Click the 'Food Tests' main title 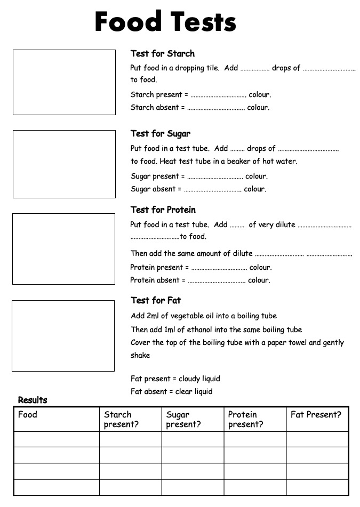[165, 22]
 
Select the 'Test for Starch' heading [163, 53]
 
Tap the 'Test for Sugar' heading [161, 133]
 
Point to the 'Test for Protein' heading [163, 210]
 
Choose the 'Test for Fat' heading [156, 300]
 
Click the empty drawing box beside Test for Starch [64, 82]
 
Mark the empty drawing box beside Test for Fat [63, 336]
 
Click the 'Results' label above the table [33, 400]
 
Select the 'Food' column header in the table [28, 414]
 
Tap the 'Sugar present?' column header [183, 419]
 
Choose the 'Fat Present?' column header [316, 414]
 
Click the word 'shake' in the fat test [140, 355]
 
